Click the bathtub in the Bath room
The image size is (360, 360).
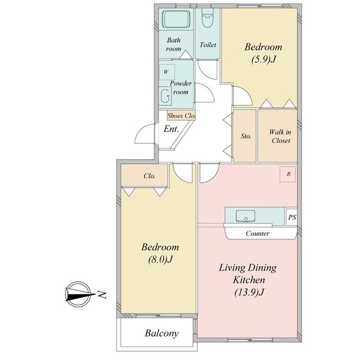pyautogui.click(x=176, y=19)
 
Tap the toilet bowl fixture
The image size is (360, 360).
pyautogui.click(x=208, y=18)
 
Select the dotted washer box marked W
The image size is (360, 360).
pyautogui.click(x=167, y=72)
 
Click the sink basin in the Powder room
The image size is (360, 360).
pyautogui.click(x=165, y=96)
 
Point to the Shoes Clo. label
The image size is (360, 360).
pyautogui.click(x=181, y=116)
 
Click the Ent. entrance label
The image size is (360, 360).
pyautogui.click(x=171, y=129)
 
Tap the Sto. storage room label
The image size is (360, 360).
pyautogui.click(x=246, y=136)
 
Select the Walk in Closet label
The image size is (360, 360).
pyautogui.click(x=280, y=136)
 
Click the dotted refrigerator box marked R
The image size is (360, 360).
pyautogui.click(x=287, y=174)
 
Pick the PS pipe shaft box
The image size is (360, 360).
pyautogui.click(x=291, y=217)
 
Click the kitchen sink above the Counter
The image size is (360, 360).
pyautogui.click(x=245, y=216)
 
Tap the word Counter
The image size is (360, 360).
pyautogui.click(x=258, y=233)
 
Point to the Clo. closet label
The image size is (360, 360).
pyautogui.click(x=150, y=176)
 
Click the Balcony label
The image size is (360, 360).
pyautogui.click(x=161, y=334)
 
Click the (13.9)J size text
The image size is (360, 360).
pyautogui.click(x=249, y=292)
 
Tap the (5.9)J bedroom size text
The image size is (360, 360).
pyautogui.click(x=264, y=60)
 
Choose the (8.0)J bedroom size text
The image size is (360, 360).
pyautogui.click(x=160, y=260)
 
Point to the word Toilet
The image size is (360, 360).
pyautogui.click(x=208, y=45)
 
